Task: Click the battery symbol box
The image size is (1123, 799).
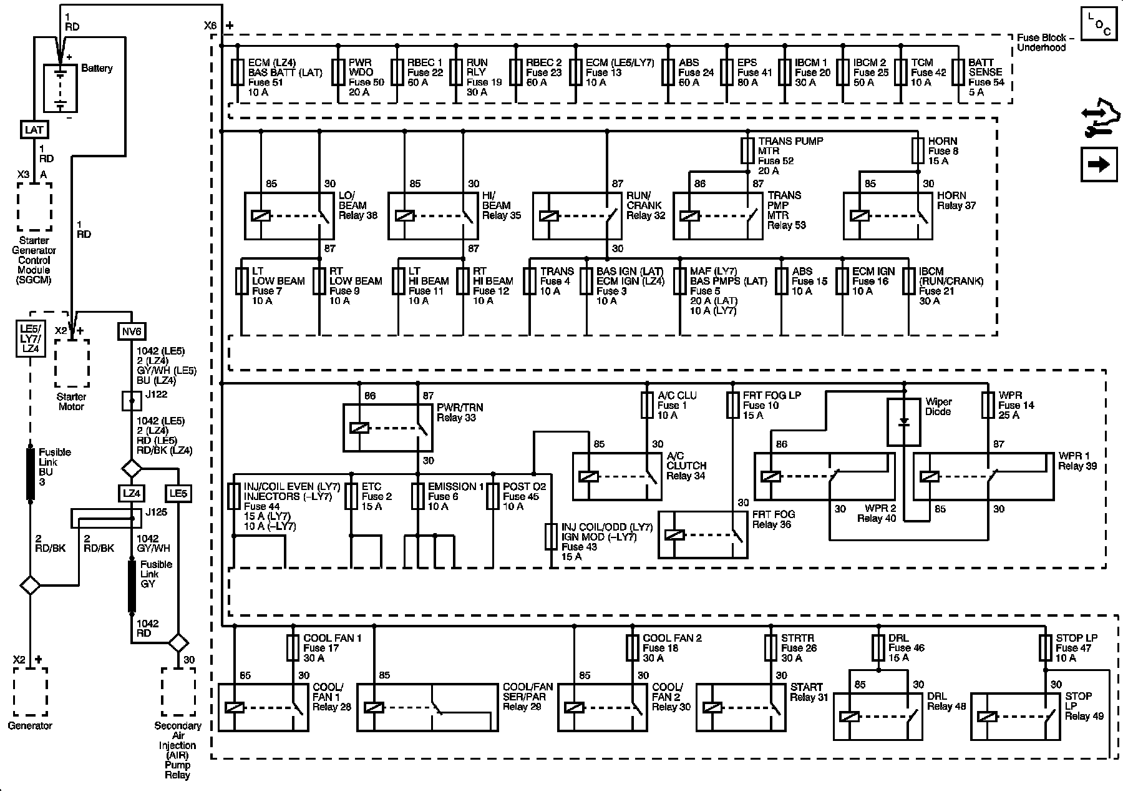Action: tap(60, 88)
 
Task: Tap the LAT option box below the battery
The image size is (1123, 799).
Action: tap(34, 129)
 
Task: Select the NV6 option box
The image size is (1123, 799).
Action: tap(131, 331)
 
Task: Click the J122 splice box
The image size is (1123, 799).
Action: tap(131, 401)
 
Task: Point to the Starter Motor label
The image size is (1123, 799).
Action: tap(71, 401)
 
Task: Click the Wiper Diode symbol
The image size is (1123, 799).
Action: tap(903, 422)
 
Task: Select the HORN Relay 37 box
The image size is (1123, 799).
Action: tap(888, 216)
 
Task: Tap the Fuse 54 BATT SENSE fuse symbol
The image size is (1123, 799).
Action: tap(962, 72)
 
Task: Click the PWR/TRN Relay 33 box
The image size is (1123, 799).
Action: tap(387, 428)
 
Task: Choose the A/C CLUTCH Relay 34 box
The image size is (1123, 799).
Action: tap(617, 476)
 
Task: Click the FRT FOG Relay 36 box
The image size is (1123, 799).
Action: tap(703, 535)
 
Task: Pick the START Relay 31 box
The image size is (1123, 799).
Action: tap(741, 707)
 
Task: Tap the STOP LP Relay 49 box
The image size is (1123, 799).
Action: tap(1014, 717)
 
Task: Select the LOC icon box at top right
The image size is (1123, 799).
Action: tap(1099, 24)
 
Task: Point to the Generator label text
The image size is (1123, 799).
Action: tap(30, 725)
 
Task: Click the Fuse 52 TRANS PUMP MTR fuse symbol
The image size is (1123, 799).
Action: tap(748, 150)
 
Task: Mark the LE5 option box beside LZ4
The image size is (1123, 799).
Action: tap(178, 494)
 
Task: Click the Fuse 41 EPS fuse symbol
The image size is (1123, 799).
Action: tap(727, 72)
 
